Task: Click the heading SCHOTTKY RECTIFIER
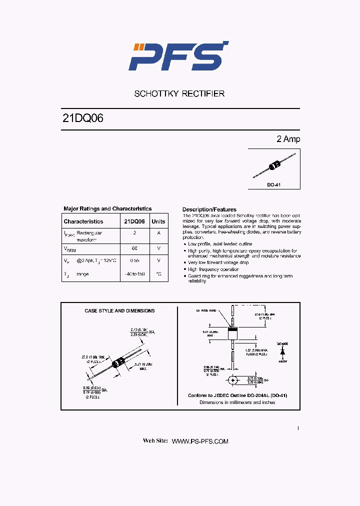[179, 93]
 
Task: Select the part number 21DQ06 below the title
[83, 119]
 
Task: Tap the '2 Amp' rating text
[288, 139]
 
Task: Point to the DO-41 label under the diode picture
[273, 185]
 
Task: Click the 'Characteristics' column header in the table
[83, 221]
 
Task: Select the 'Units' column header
[158, 221]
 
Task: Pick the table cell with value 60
[134, 248]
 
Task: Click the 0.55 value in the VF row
[134, 260]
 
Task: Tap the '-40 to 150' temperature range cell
[134, 274]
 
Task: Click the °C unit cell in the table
[158, 274]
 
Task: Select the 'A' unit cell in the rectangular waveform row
[158, 233]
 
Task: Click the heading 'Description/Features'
[209, 209]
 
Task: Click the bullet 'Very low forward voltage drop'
[218, 262]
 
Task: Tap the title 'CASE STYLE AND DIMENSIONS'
[119, 311]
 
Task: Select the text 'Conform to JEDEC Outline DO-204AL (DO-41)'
[237, 395]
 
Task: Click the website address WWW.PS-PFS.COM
[200, 441]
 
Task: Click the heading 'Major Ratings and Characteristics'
[107, 209]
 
